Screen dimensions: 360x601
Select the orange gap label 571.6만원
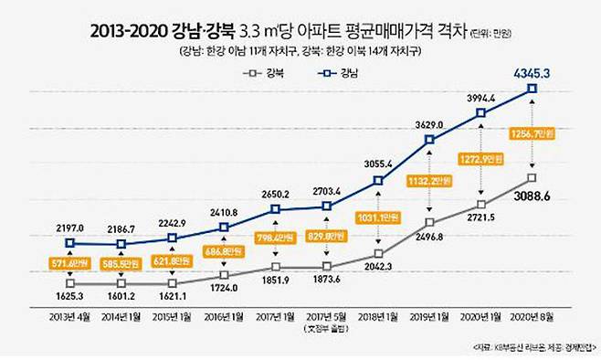[69, 264]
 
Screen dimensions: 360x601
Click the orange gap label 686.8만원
[223, 250]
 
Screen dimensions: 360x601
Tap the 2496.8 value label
[428, 236]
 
